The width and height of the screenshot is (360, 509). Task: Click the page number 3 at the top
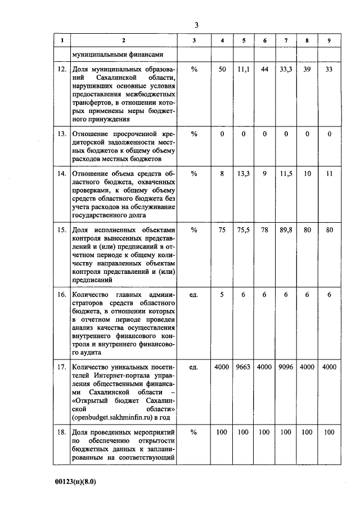196,25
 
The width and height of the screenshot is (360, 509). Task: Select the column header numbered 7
286,41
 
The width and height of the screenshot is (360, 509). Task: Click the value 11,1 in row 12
243,69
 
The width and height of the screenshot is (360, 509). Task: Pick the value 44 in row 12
264,69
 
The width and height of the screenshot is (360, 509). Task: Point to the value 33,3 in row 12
286,69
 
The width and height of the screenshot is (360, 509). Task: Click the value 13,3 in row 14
243,174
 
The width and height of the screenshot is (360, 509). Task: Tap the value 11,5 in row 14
286,174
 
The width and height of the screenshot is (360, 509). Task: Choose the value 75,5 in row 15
243,229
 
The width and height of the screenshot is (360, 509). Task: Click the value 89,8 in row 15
286,229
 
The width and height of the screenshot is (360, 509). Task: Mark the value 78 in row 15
264,229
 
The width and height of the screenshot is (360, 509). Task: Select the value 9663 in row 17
243,367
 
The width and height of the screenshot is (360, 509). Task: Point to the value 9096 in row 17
286,367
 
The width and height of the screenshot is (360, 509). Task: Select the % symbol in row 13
194,134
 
